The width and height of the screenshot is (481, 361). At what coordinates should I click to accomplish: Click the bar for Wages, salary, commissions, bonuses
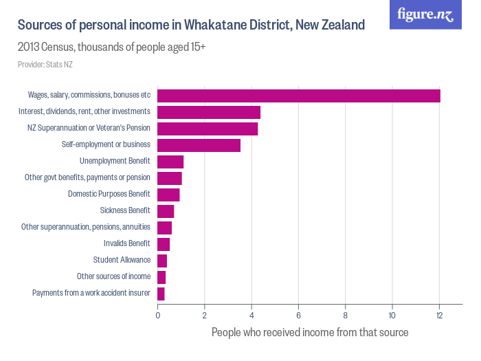299,96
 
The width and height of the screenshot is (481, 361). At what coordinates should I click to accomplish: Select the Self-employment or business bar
199,145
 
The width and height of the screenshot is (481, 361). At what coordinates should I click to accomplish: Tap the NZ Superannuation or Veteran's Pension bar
208,129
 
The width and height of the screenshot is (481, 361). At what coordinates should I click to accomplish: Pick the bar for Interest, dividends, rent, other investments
209,112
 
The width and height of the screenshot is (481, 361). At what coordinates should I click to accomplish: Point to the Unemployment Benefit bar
170,162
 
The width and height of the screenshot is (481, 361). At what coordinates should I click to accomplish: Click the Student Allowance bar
162,261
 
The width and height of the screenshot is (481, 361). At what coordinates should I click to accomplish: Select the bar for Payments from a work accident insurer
161,294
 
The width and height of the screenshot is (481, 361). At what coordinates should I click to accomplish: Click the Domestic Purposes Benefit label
109,195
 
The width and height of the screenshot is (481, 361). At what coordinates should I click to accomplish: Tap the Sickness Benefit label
124,211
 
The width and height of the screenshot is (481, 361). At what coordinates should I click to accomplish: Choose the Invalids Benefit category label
126,244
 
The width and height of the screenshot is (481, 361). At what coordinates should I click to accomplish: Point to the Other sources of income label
113,277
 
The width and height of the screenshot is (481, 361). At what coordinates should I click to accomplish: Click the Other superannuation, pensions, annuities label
86,228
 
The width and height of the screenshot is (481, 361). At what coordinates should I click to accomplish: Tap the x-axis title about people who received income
310,333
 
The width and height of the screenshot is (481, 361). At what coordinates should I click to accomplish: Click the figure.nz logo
425,14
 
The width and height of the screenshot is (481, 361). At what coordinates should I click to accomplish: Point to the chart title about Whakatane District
191,25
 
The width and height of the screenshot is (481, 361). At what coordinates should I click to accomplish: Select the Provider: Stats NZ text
45,65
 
